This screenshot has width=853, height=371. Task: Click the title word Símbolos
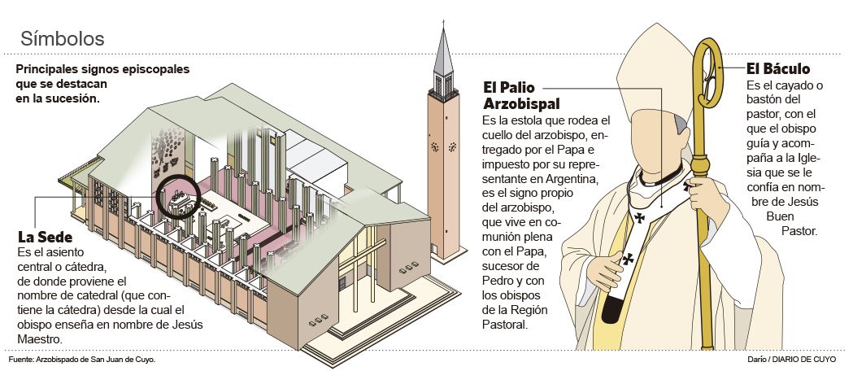click(x=62, y=38)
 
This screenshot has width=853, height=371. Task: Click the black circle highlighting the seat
click(x=178, y=195)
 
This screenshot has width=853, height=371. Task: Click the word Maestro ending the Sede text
click(x=40, y=338)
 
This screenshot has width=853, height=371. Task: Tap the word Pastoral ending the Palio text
click(x=505, y=325)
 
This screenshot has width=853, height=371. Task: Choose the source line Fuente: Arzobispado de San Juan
click(x=81, y=359)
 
